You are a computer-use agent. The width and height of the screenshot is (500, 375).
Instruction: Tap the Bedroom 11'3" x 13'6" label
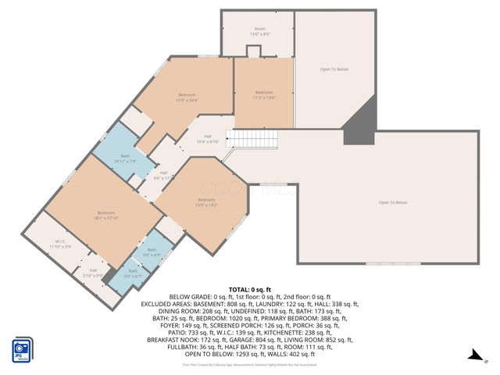pos(264,95)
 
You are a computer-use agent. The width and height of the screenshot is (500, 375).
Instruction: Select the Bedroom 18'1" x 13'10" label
pos(106,216)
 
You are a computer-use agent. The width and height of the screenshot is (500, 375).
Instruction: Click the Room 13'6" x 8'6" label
pos(259,31)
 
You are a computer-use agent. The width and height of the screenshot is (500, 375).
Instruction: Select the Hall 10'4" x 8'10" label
pos(208,139)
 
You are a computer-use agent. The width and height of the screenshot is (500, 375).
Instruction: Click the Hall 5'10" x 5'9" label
pos(93,273)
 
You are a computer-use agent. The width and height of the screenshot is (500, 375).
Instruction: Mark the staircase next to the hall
pos(254,138)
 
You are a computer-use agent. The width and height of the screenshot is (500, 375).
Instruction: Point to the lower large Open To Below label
pos(393,203)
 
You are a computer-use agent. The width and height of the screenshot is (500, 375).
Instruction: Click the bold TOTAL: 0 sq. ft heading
pos(250,290)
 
